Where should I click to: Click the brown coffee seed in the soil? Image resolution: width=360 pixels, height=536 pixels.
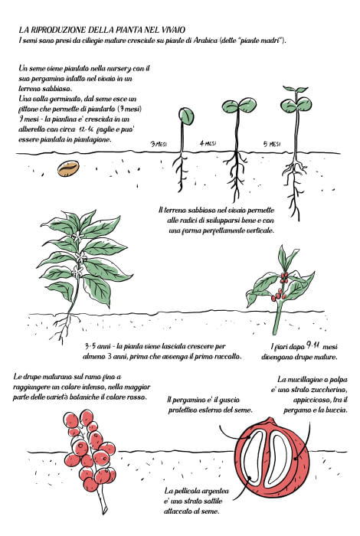(x=68, y=168)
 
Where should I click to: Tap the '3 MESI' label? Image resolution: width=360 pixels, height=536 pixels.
(x=159, y=144)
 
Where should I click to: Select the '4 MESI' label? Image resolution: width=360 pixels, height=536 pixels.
(x=208, y=144)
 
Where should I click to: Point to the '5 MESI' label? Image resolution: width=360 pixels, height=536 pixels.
(x=272, y=144)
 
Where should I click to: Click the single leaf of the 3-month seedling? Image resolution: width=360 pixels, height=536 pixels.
(x=186, y=116)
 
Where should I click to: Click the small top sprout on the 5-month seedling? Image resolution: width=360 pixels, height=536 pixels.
(x=295, y=90)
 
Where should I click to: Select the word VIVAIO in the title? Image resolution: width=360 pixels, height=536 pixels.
(x=172, y=29)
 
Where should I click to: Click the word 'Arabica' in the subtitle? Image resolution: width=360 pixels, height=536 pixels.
(x=205, y=40)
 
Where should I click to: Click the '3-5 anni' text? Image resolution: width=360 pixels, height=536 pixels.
(x=96, y=346)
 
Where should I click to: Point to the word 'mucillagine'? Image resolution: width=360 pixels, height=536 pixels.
(x=303, y=380)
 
